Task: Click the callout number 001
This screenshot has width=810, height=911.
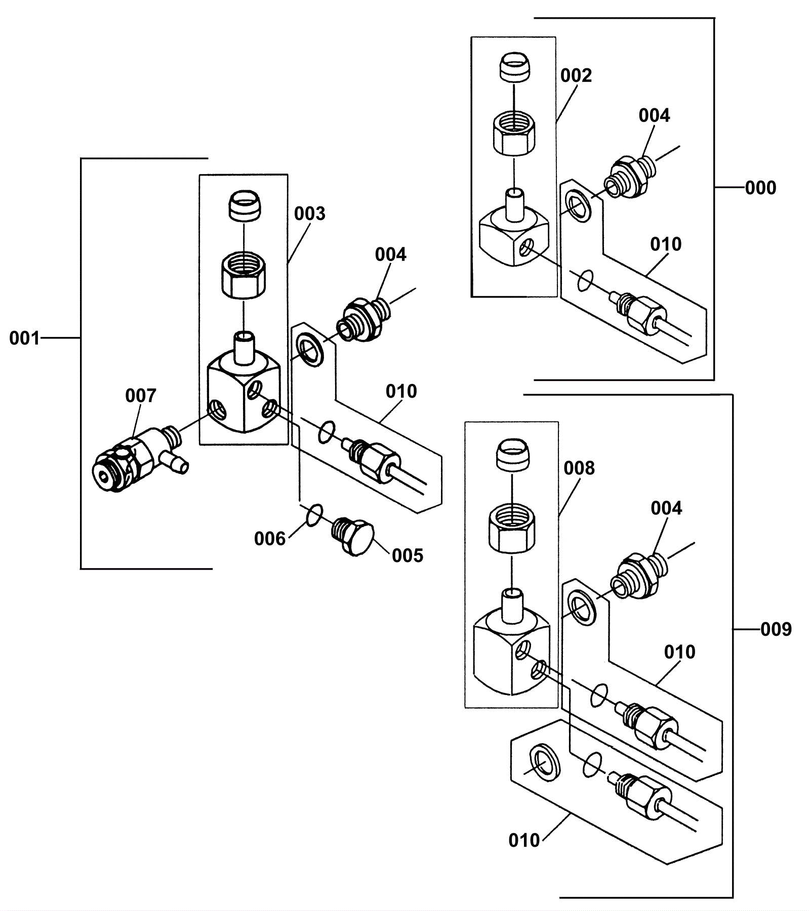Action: click(24, 338)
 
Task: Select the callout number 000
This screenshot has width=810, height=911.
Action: click(760, 188)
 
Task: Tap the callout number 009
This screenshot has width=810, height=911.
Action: click(776, 629)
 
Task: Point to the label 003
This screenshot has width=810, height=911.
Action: click(309, 213)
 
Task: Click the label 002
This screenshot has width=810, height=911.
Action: click(576, 75)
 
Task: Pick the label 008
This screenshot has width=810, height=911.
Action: click(579, 468)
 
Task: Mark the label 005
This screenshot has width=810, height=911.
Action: click(407, 555)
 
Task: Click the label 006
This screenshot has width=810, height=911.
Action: click(270, 539)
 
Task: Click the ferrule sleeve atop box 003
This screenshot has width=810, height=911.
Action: click(244, 204)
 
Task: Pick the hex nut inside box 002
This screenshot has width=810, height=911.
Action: click(514, 134)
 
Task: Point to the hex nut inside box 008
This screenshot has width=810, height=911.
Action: click(511, 532)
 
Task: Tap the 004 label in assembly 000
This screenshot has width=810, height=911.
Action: click(654, 115)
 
